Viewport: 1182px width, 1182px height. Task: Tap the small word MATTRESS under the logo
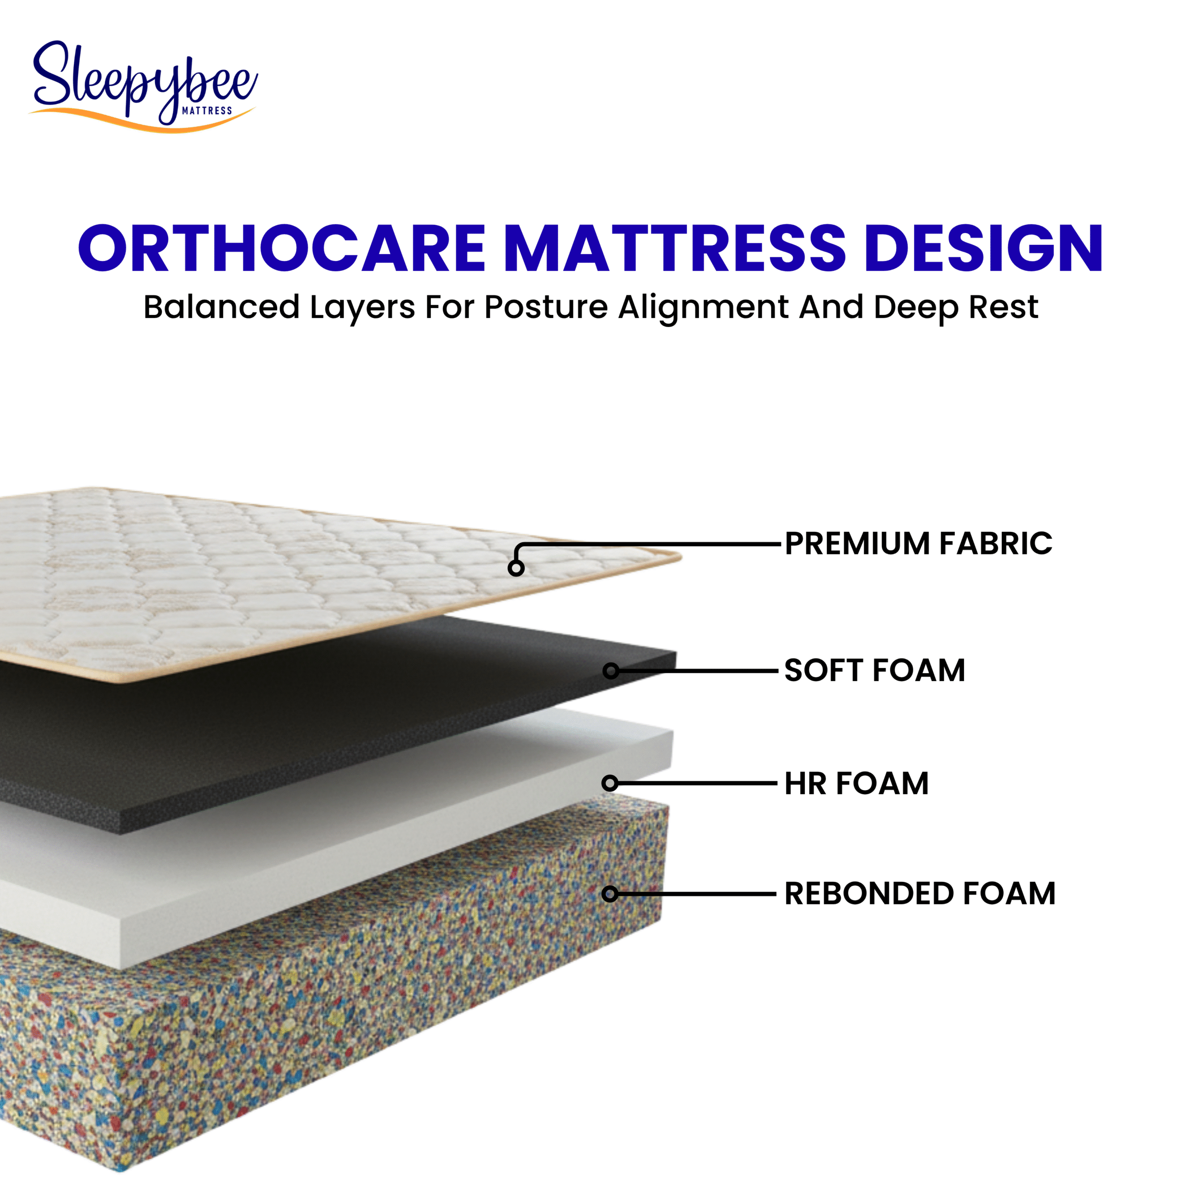pyautogui.click(x=207, y=111)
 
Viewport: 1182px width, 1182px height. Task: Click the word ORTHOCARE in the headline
pyautogui.click(x=282, y=248)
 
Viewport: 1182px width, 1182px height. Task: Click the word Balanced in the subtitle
pyautogui.click(x=222, y=307)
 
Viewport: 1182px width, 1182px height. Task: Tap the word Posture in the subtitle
pyautogui.click(x=546, y=307)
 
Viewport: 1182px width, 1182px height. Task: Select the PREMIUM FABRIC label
pyautogui.click(x=918, y=543)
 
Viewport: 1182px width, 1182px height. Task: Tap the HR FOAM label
pyautogui.click(x=856, y=783)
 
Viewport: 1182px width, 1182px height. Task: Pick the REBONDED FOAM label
pyautogui.click(x=920, y=893)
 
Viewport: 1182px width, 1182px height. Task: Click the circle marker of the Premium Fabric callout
pyautogui.click(x=516, y=568)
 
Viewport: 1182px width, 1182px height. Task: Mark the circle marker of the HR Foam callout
pyautogui.click(x=610, y=783)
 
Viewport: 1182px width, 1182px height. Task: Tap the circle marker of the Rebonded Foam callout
pyautogui.click(x=609, y=894)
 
